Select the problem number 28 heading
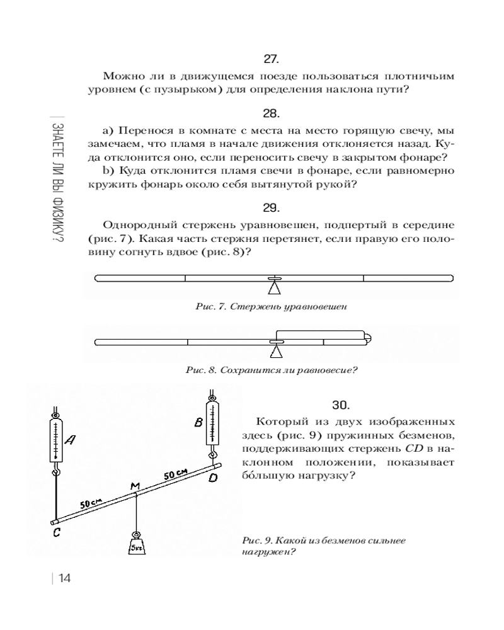point(271,114)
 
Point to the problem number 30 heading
point(340,404)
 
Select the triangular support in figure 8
point(274,352)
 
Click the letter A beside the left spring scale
point(70,442)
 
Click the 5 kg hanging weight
point(136,544)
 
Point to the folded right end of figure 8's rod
point(367,337)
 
